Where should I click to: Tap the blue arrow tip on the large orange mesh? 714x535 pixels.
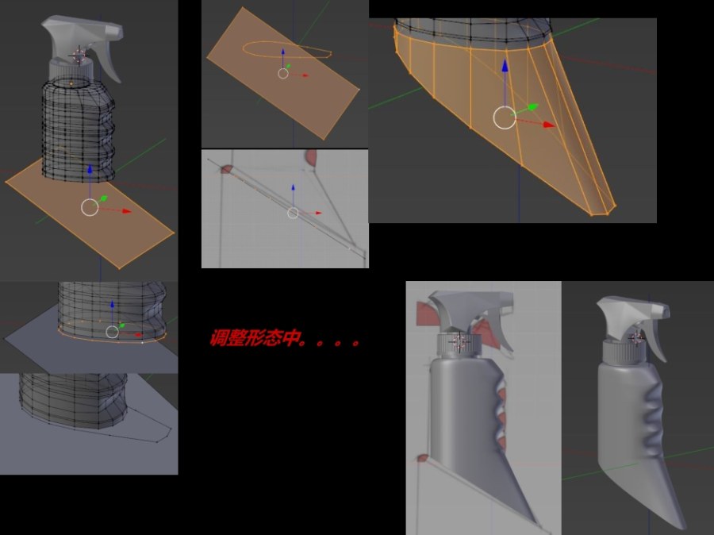tap(505, 65)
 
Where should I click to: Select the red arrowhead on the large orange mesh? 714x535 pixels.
tap(549, 125)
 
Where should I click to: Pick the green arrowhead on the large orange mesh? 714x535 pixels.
tap(533, 107)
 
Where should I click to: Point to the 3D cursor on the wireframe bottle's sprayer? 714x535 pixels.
tap(79, 56)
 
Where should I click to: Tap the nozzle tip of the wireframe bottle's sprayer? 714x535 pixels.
tap(116, 31)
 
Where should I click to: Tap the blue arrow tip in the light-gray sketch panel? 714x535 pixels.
tap(294, 187)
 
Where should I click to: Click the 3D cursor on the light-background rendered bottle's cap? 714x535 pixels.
tap(459, 341)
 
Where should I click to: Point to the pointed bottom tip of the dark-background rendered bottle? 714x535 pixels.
tap(681, 525)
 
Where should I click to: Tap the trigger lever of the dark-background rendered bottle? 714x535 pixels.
tap(656, 337)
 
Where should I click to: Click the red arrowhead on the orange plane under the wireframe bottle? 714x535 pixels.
tap(125, 211)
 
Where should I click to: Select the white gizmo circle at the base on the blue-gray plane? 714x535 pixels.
tap(112, 332)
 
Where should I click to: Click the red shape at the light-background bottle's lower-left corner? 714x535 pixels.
tap(423, 457)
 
